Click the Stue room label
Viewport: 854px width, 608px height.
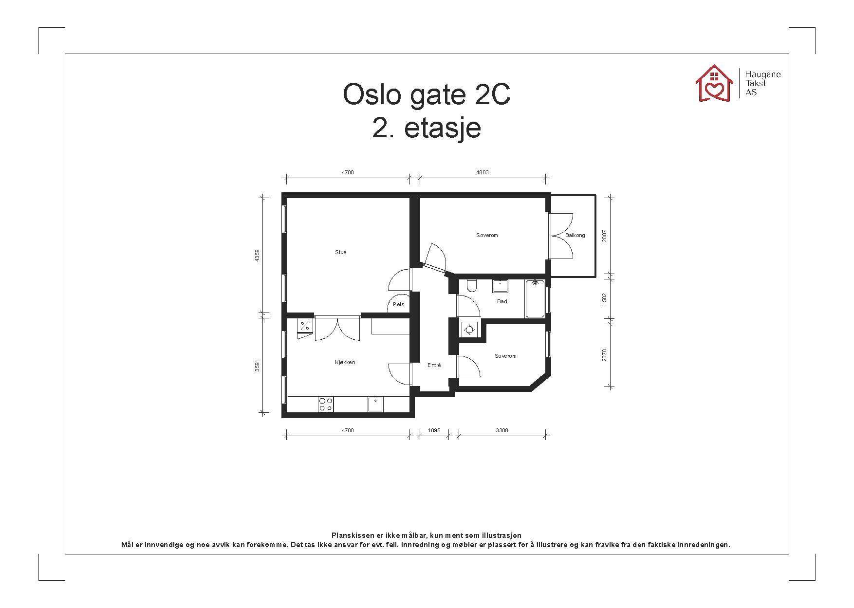(x=340, y=252)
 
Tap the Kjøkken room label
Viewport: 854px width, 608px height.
(x=345, y=362)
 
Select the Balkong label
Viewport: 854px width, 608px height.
(x=575, y=235)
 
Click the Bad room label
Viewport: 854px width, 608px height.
(x=502, y=301)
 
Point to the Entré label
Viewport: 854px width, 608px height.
(x=434, y=365)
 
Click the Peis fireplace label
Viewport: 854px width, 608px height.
(x=398, y=304)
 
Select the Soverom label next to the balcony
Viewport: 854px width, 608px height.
(x=487, y=235)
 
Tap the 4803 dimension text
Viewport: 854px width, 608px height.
(x=482, y=172)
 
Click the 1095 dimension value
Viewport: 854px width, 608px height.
(x=434, y=430)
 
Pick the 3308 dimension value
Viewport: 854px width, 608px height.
(x=501, y=430)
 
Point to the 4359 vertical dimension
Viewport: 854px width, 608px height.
(x=257, y=255)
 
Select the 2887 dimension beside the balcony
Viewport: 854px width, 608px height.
(x=604, y=236)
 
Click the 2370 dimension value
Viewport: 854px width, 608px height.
(x=604, y=355)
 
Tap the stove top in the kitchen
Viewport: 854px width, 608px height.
(x=326, y=404)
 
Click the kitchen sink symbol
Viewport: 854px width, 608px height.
(x=375, y=404)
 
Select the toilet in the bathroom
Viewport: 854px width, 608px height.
(x=471, y=285)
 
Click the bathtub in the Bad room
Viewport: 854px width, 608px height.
(x=535, y=299)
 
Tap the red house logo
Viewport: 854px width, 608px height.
(x=714, y=84)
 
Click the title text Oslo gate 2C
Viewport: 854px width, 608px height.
(x=427, y=94)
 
